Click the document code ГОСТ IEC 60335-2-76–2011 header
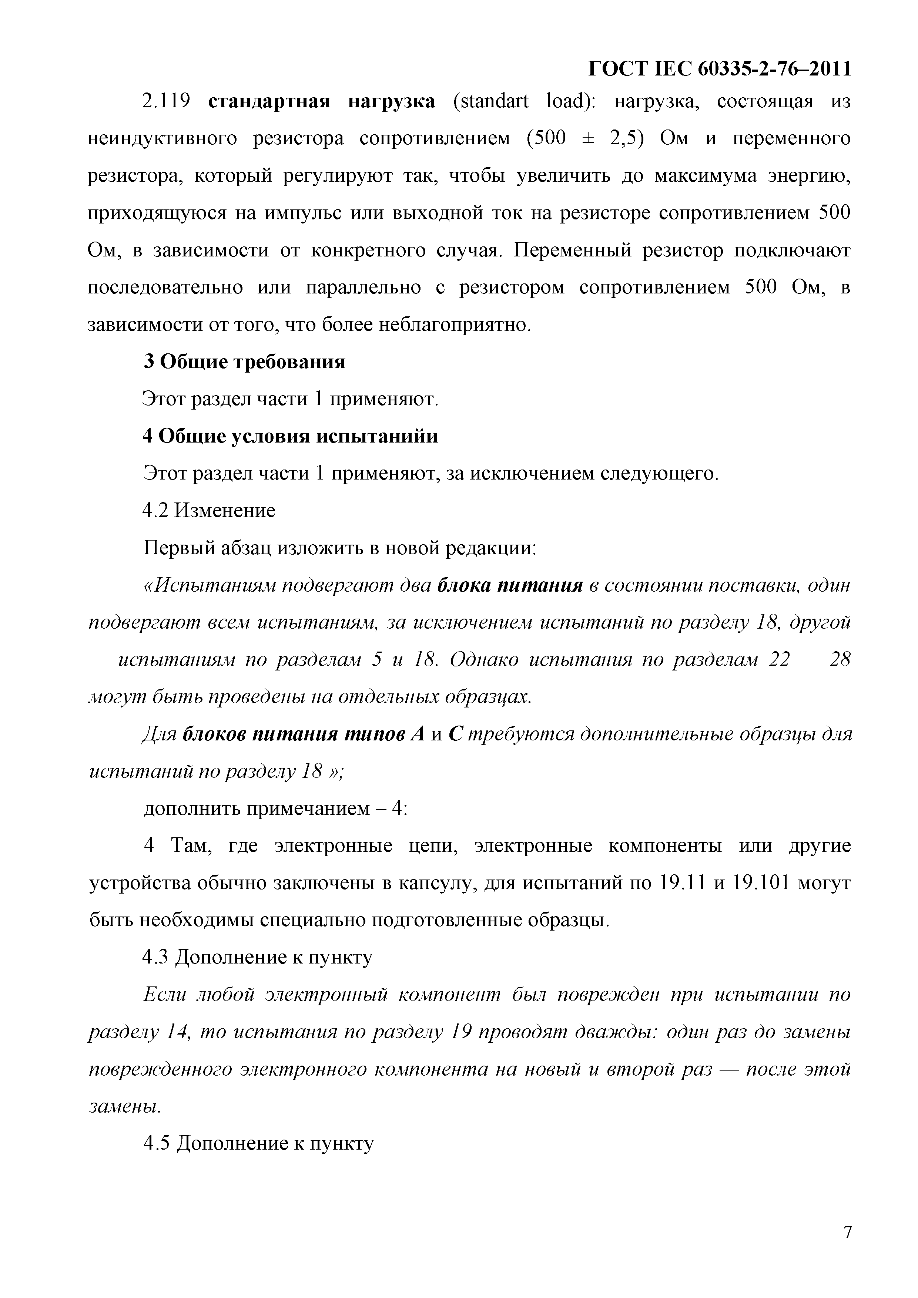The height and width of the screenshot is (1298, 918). (720, 68)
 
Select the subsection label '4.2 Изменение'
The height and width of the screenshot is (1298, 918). (209, 511)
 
